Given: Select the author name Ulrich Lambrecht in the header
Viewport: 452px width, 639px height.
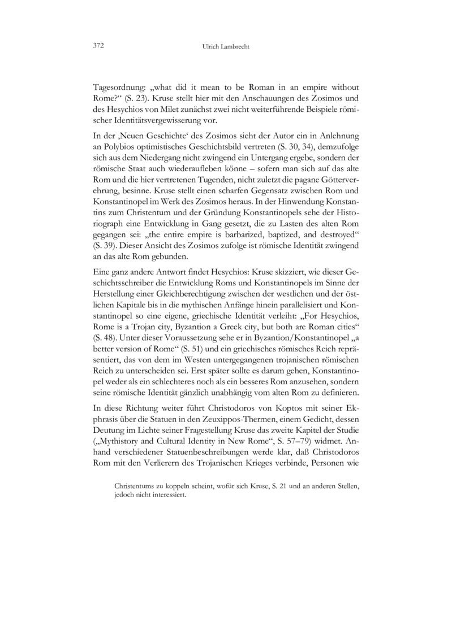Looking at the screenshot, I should tap(226, 47).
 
